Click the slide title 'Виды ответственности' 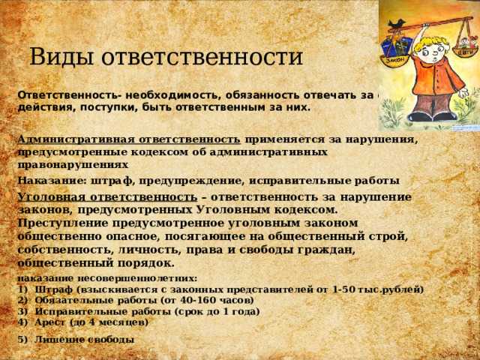pyautogui.click(x=166, y=57)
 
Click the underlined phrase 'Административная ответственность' pyautogui.click(x=128, y=139)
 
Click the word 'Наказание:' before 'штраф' pyautogui.click(x=51, y=181)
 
